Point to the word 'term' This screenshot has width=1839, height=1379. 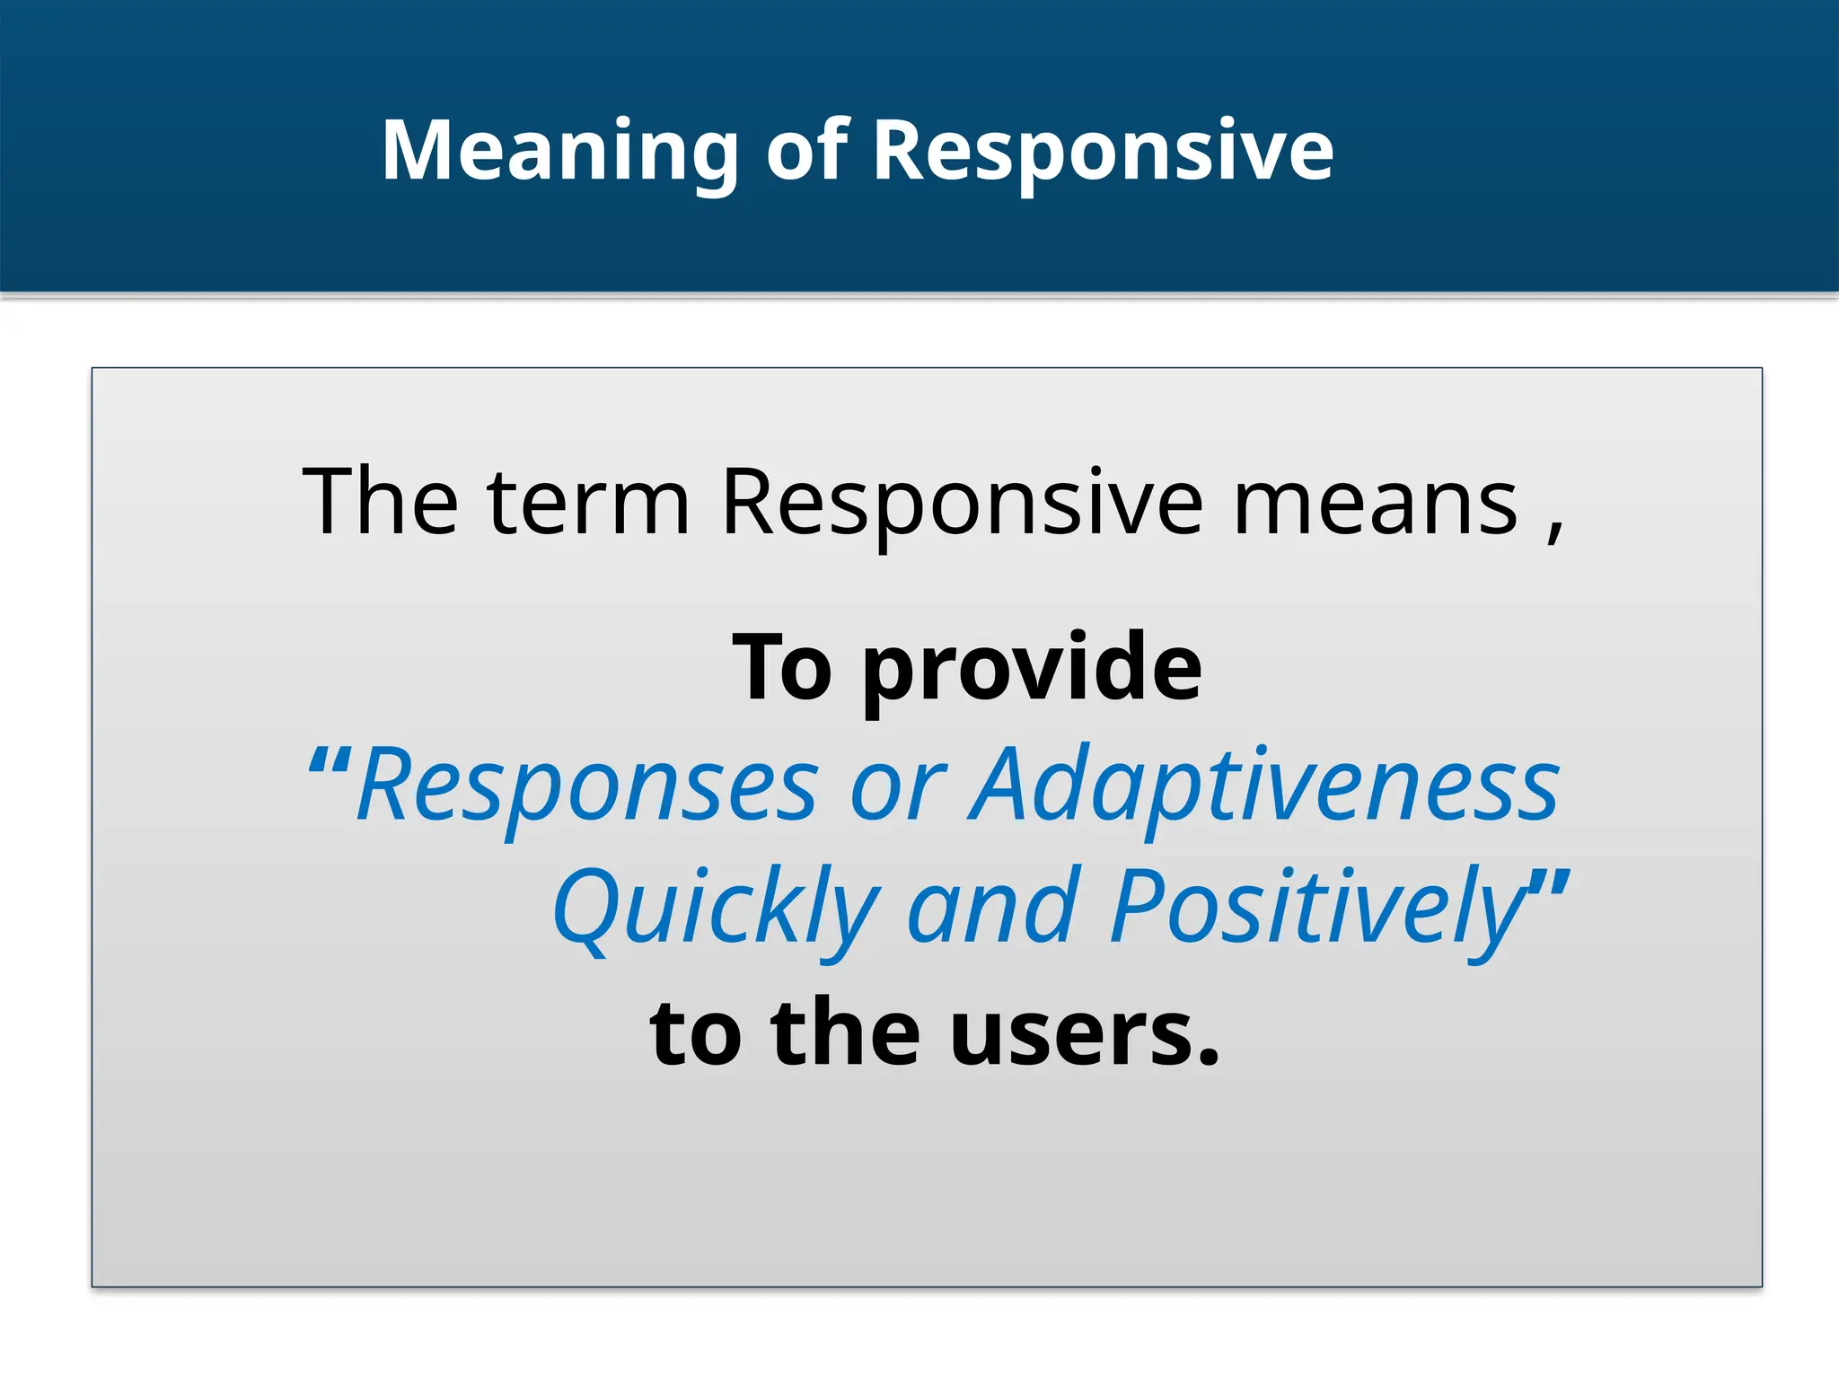pyautogui.click(x=587, y=504)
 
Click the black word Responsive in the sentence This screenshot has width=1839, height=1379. pyautogui.click(x=962, y=505)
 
